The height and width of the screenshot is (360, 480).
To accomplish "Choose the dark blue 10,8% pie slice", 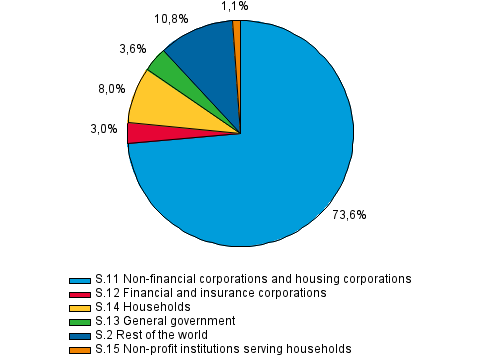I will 205,60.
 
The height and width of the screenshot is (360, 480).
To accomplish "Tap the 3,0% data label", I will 103,129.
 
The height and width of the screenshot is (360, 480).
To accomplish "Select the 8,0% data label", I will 111,88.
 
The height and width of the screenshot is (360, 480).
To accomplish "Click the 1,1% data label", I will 236,6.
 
